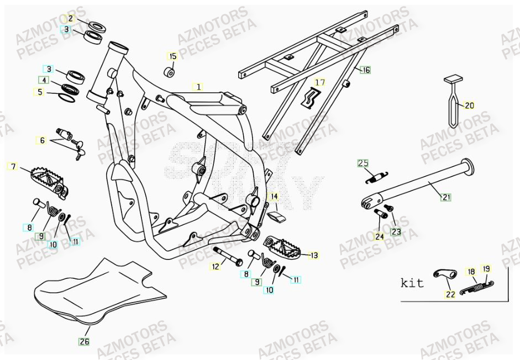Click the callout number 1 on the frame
click(x=198, y=87)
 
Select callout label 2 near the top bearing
click(x=71, y=18)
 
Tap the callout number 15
click(x=173, y=56)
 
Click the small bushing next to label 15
click(x=170, y=72)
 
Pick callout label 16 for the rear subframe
click(x=365, y=70)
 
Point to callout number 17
click(x=319, y=83)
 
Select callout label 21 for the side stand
click(x=447, y=196)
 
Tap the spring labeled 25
click(x=377, y=176)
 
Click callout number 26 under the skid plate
click(x=83, y=341)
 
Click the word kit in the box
click(x=412, y=283)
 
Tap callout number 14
click(x=274, y=196)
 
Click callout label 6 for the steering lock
click(x=42, y=140)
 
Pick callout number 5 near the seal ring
click(x=40, y=92)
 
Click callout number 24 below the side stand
click(x=379, y=236)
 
